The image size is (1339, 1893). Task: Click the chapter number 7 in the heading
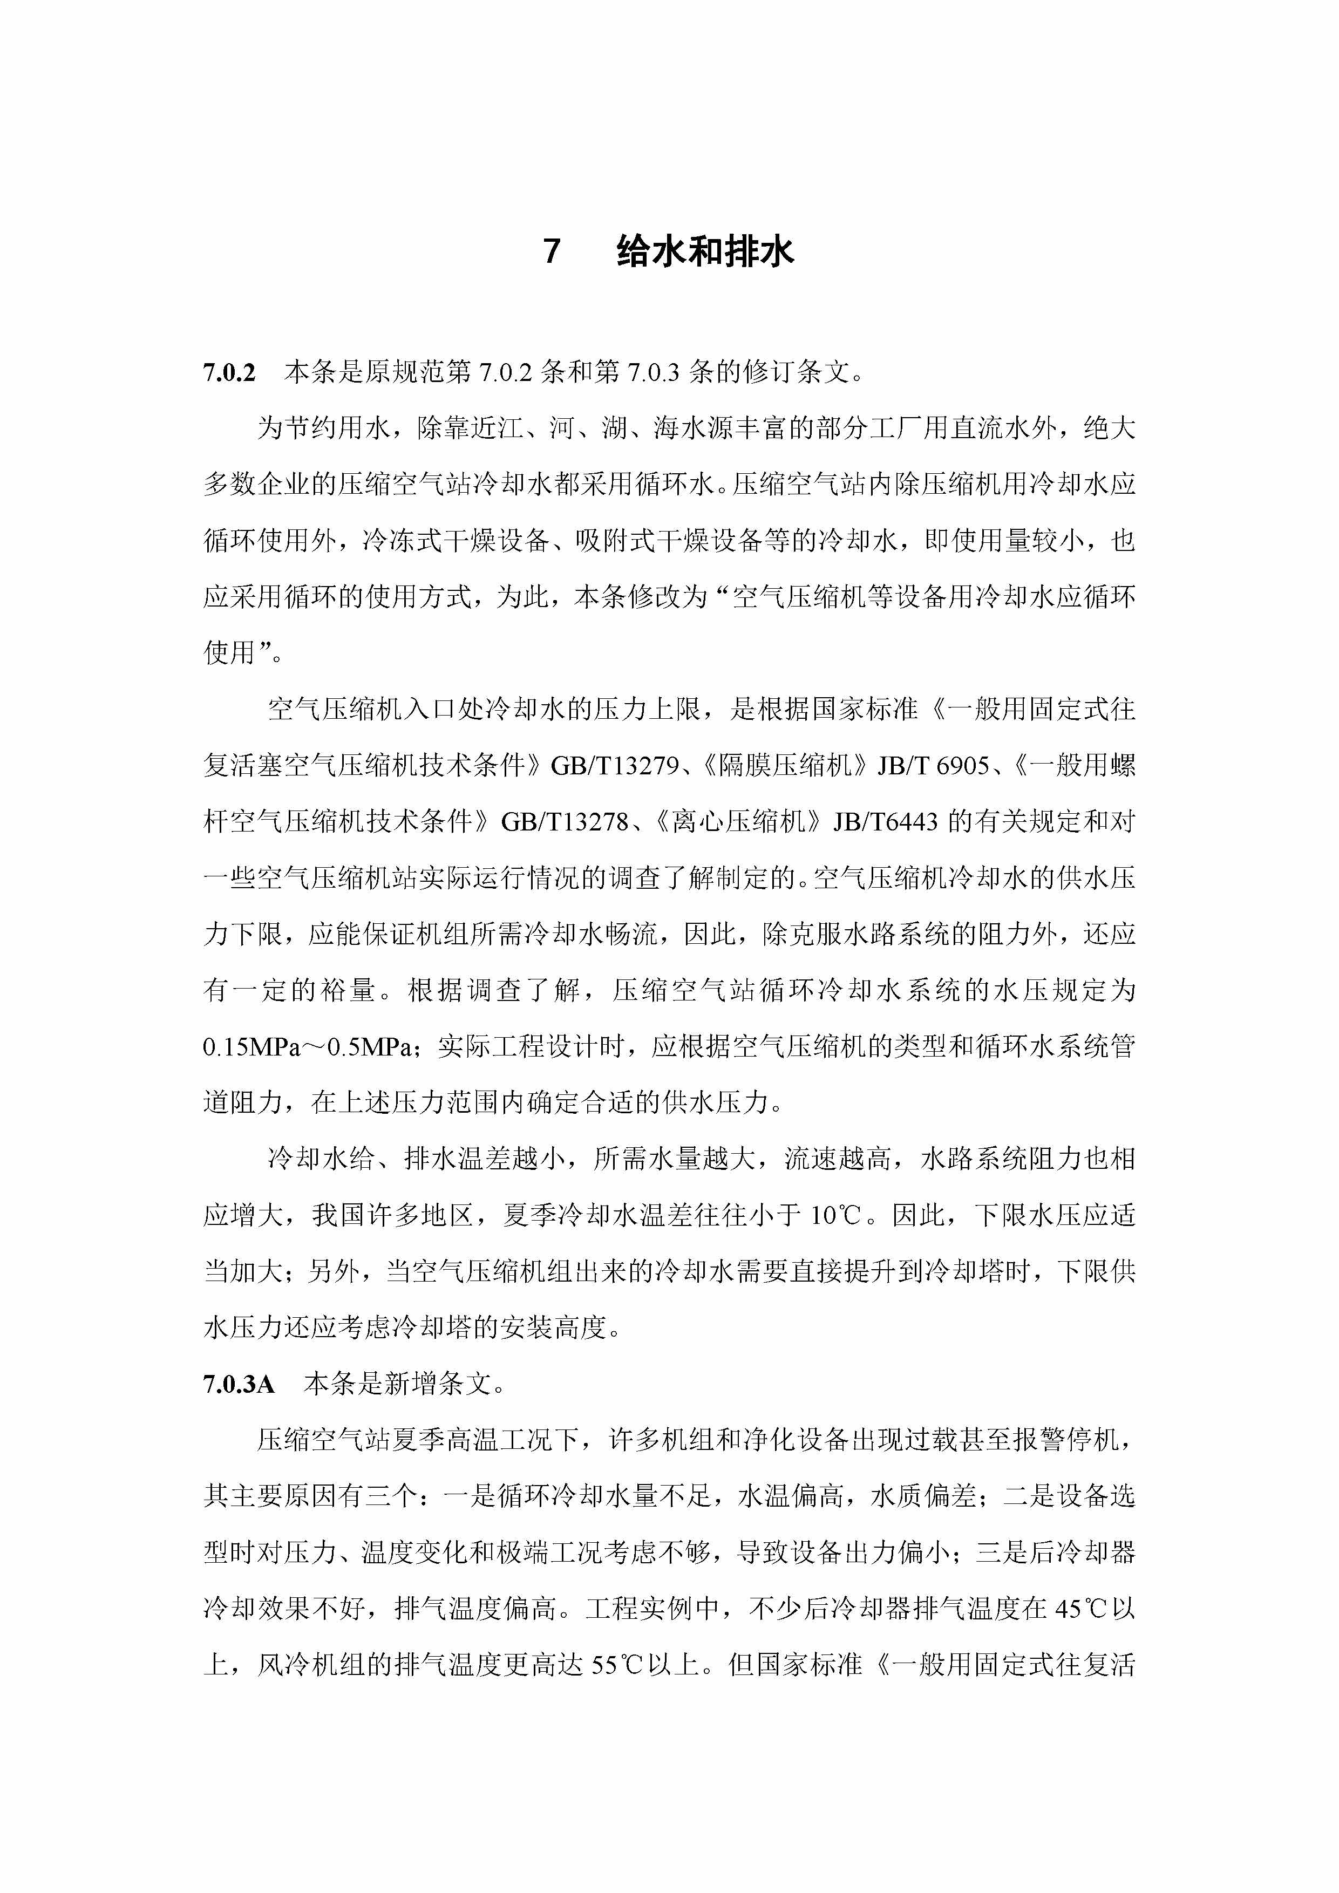coord(552,250)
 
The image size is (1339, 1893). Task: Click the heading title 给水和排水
coord(705,250)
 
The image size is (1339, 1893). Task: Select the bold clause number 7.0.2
coord(229,373)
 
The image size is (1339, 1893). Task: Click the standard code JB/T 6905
coord(933,766)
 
